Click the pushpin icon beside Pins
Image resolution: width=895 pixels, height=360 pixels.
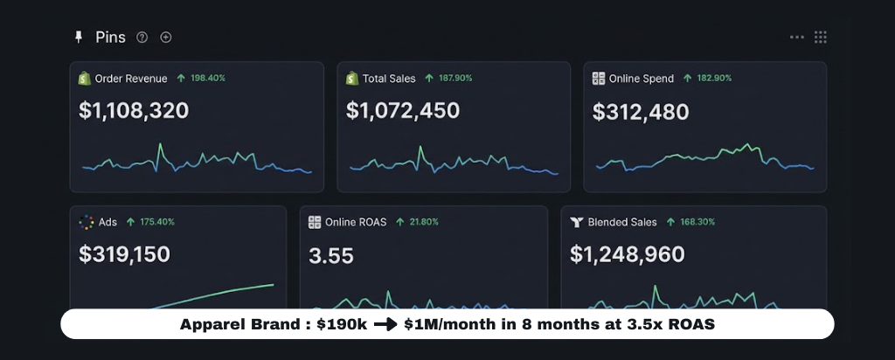[79, 38]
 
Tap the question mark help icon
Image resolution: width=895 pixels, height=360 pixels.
[142, 38]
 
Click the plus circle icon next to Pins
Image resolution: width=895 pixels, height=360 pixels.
[166, 38]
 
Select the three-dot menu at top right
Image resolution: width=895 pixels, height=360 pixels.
[797, 38]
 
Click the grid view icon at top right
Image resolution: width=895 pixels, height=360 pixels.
[821, 38]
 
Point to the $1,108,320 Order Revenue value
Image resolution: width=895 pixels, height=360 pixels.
[134, 111]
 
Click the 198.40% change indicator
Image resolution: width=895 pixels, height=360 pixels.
[201, 79]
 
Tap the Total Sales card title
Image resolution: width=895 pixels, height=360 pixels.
[389, 79]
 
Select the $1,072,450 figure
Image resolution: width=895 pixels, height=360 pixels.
[402, 111]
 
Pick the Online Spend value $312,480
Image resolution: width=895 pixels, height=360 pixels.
[641, 112]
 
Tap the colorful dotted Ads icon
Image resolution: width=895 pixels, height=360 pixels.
[86, 222]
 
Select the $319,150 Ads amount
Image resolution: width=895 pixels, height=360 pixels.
[124, 254]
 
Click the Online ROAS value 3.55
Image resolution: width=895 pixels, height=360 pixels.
[331, 255]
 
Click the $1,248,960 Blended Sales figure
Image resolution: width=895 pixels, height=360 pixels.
[628, 254]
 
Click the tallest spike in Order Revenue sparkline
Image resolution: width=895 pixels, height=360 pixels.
[160, 146]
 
